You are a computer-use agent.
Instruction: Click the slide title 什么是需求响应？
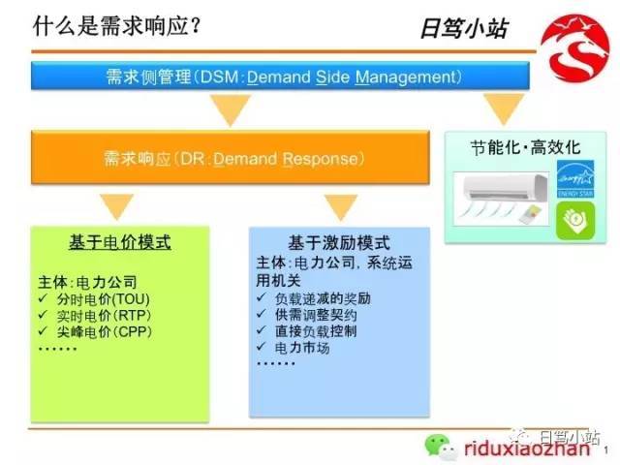pyautogui.click(x=117, y=26)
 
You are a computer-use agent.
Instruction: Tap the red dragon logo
pyautogui.click(x=574, y=47)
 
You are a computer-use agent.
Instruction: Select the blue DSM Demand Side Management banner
pyautogui.click(x=280, y=76)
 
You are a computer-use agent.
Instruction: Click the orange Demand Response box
pyautogui.click(x=231, y=157)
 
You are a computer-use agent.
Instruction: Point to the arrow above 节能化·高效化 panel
pyautogui.click(x=504, y=109)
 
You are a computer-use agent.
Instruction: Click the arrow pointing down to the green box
pyautogui.click(x=116, y=206)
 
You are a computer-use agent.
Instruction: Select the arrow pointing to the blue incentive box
pyautogui.click(x=341, y=207)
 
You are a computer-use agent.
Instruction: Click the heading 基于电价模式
pyautogui.click(x=120, y=242)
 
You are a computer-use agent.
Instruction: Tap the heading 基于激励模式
pyautogui.click(x=339, y=243)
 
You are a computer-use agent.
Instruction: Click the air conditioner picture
pyautogui.click(x=502, y=199)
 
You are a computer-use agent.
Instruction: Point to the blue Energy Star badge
pyautogui.click(x=575, y=178)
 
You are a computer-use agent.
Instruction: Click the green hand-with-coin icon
pyautogui.click(x=575, y=220)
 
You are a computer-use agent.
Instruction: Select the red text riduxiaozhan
pyautogui.click(x=527, y=449)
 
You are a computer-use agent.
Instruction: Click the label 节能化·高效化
pyautogui.click(x=525, y=148)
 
